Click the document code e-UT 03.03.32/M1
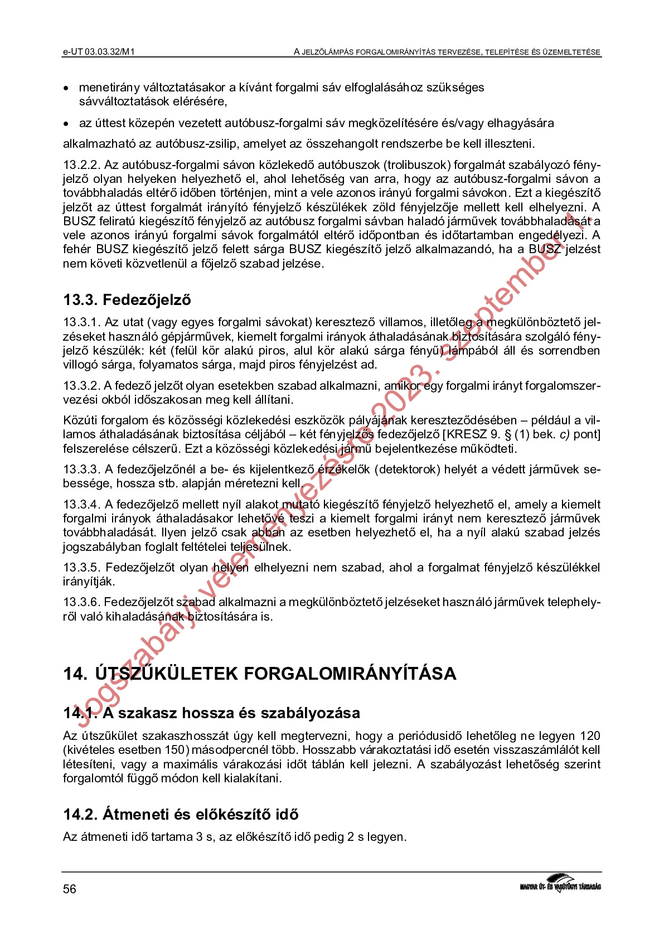click(x=99, y=52)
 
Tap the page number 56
click(x=69, y=889)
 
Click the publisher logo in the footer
click(x=560, y=884)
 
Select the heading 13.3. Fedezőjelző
click(x=127, y=300)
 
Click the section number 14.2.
click(x=80, y=815)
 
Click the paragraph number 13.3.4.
click(x=81, y=505)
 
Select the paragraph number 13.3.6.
click(x=81, y=602)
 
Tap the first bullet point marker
click(x=66, y=88)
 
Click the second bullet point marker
click(x=66, y=124)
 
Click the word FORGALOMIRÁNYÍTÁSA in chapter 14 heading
click(x=350, y=674)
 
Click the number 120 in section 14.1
click(x=590, y=736)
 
